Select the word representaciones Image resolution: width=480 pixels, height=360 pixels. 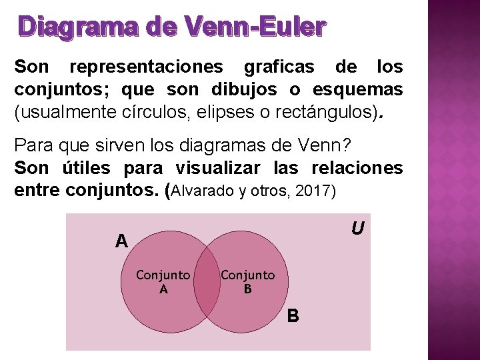pyautogui.click(x=147, y=67)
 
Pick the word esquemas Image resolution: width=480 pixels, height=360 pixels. pyautogui.click(x=357, y=89)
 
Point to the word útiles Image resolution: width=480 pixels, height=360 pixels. pyautogui.click(x=83, y=167)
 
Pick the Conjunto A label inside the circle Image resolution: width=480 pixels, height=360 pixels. pyautogui.click(x=163, y=281)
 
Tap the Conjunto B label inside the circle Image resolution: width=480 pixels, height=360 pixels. pyautogui.click(x=247, y=281)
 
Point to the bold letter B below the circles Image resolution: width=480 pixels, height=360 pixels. pyautogui.click(x=293, y=315)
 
